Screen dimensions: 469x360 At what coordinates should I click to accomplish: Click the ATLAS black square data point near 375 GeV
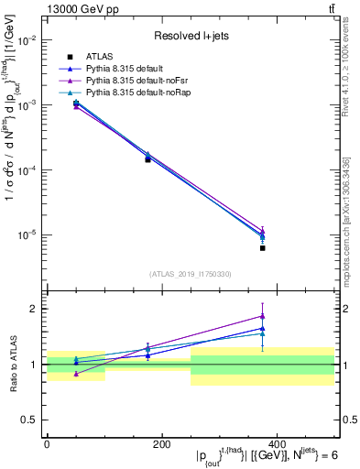click(263, 247)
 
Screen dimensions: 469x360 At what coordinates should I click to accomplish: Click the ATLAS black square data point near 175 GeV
click(147, 159)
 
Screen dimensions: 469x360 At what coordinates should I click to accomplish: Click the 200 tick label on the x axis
click(161, 444)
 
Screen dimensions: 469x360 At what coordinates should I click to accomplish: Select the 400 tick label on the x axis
click(277, 444)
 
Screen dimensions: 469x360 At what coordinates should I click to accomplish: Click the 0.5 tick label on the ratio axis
click(27, 420)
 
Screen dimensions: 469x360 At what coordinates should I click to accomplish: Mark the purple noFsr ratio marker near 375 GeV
click(263, 316)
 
